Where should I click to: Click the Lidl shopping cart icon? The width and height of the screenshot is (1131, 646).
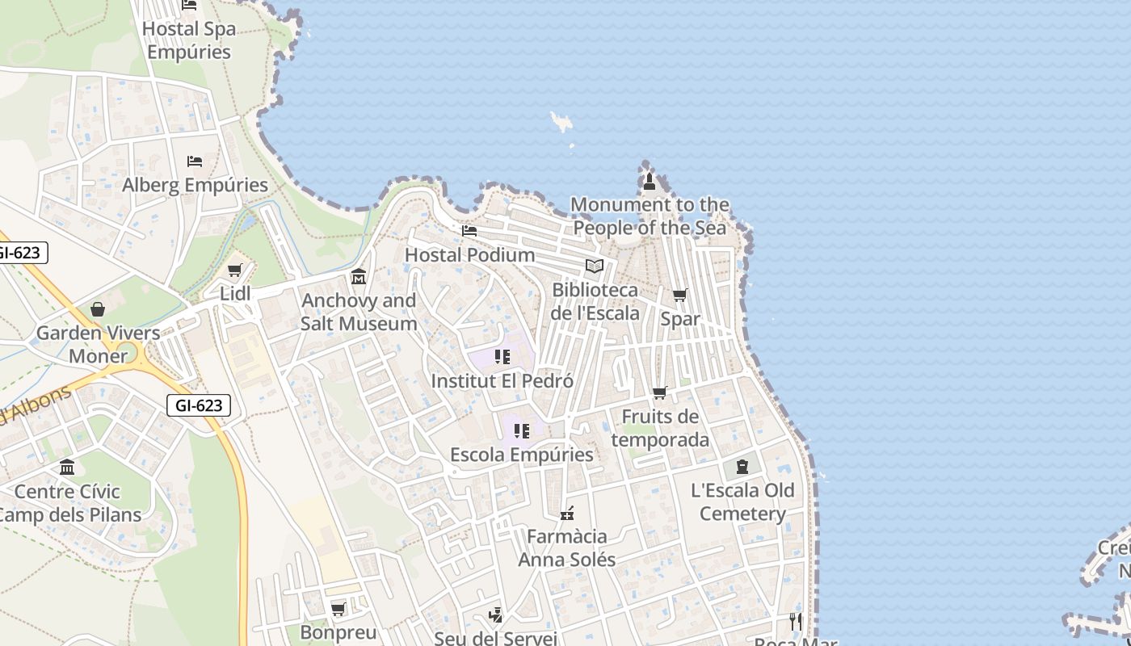[x=235, y=271]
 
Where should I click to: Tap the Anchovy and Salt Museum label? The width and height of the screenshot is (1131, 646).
[x=359, y=313]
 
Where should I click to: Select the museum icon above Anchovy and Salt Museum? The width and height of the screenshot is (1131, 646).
[x=359, y=278]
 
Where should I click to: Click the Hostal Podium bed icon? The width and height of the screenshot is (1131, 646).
[x=469, y=231]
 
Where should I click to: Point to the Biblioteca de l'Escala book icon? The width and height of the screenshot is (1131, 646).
[x=595, y=266]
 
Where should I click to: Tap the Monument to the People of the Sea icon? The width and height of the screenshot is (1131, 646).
[x=650, y=182]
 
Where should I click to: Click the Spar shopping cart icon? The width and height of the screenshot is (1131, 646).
[x=680, y=296]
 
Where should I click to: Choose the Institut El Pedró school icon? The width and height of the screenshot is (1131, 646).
[x=502, y=357]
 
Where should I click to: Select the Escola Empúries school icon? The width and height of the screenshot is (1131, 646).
[x=522, y=431]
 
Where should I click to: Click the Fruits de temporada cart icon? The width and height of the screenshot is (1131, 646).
[x=660, y=393]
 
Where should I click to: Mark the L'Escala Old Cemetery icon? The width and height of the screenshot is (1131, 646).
[x=742, y=467]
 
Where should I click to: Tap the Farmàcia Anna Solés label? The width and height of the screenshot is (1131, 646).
[x=566, y=548]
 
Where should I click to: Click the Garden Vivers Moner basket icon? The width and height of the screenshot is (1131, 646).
[x=98, y=309]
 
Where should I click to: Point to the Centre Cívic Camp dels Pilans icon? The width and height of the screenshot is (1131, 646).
[x=67, y=468]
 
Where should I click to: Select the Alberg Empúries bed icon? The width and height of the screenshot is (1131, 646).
[x=195, y=161]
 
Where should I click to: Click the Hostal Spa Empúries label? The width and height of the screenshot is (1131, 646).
[x=189, y=40]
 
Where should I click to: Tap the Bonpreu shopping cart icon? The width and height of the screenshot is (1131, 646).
[x=338, y=609]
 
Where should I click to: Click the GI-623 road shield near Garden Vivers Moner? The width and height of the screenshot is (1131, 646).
[x=199, y=405]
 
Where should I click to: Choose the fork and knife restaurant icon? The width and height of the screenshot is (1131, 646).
[x=796, y=621]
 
